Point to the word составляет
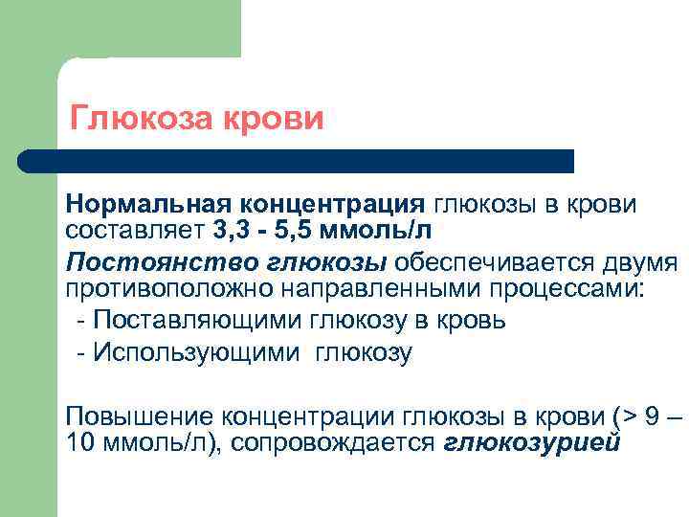tap(133, 229)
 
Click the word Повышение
tap(139, 417)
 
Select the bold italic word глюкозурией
tap(533, 442)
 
